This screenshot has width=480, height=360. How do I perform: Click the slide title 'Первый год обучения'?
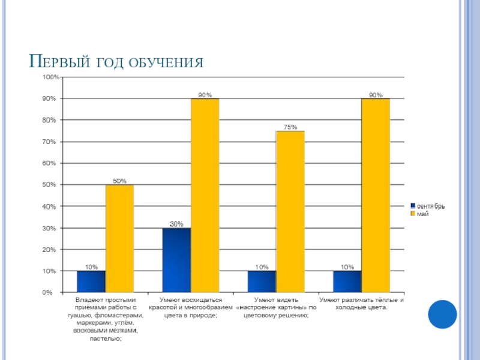(118, 62)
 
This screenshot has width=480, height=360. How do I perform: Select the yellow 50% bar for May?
(119, 239)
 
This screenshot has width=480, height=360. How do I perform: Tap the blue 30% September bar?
(176, 260)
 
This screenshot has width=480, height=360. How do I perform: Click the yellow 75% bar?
(290, 212)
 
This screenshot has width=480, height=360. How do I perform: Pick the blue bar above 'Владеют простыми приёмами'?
(91, 282)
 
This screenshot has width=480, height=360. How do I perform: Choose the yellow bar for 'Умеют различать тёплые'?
(376, 196)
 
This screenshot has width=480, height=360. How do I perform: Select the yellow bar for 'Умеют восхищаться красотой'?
(205, 196)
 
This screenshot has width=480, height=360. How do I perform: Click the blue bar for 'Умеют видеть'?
(262, 282)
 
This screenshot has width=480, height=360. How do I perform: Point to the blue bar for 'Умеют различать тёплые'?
(347, 282)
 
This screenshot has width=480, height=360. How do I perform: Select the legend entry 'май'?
(422, 214)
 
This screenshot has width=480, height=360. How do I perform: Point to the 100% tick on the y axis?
(50, 77)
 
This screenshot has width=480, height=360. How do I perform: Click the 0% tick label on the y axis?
(53, 293)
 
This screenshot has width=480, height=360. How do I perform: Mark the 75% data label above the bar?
(290, 127)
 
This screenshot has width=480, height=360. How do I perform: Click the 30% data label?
(176, 224)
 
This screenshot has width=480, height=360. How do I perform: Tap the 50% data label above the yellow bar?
(120, 181)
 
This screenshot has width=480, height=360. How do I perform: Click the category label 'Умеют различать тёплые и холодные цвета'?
(361, 304)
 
